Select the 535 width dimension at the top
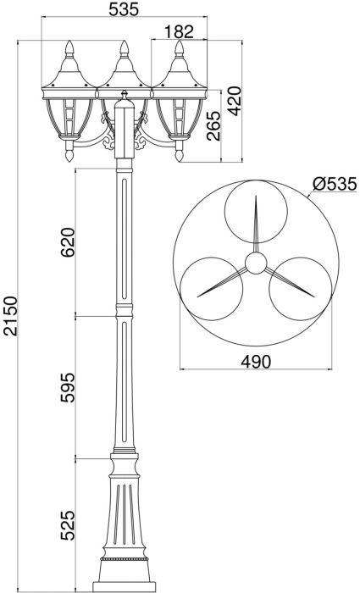[125, 10]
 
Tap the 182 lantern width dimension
[178, 31]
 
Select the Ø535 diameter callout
[333, 183]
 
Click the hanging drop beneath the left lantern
[69, 157]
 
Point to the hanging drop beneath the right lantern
[180, 157]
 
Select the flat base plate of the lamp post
[124, 585]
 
